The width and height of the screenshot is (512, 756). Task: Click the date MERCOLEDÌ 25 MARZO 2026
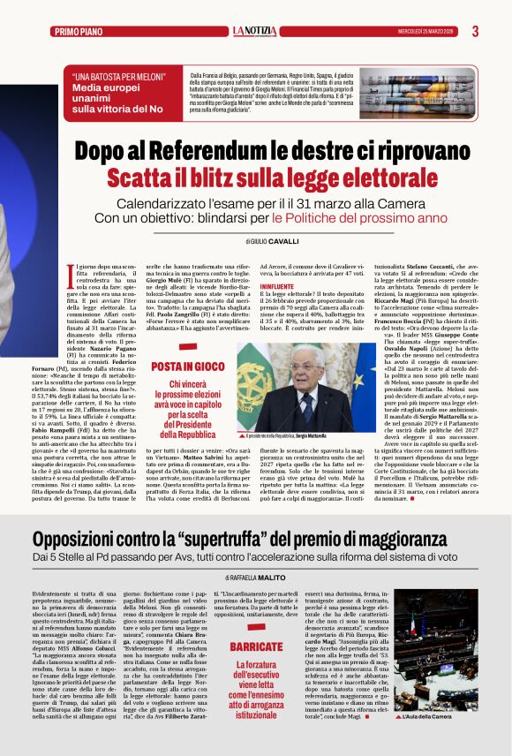[x=426, y=32]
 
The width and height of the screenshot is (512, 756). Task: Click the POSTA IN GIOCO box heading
[x=187, y=366]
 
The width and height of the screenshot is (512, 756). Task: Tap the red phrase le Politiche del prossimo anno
[x=348, y=217]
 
